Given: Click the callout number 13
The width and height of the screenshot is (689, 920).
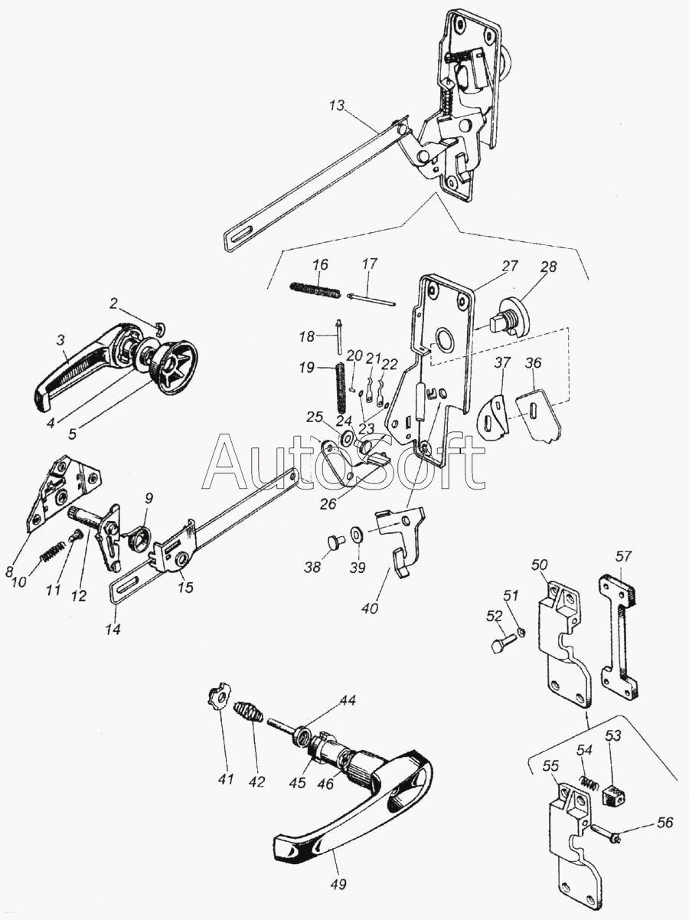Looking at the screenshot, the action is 336,106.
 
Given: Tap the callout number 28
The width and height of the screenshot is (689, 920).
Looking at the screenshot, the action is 549,267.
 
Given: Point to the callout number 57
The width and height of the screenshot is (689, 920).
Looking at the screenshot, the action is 624,557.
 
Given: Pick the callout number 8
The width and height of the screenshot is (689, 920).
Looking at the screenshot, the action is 10,571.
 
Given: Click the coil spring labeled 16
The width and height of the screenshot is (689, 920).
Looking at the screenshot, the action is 315,290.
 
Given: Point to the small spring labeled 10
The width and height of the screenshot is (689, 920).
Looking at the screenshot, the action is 53,552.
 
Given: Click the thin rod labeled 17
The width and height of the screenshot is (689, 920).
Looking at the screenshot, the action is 371,300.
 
